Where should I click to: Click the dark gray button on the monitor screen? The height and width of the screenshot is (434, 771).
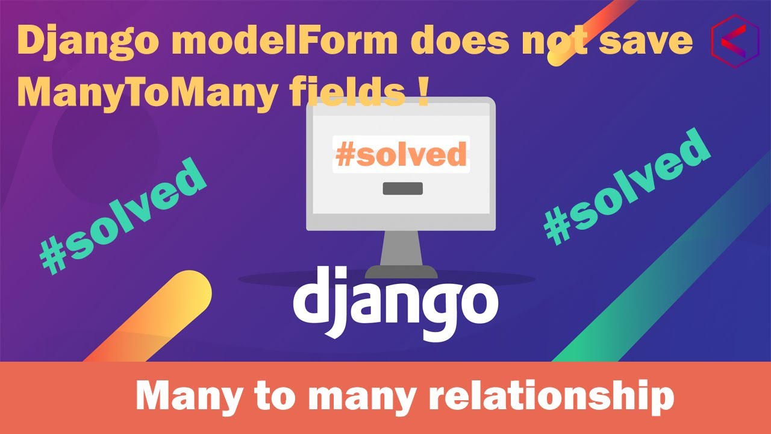402,189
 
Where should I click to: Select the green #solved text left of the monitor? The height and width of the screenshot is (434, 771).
123,214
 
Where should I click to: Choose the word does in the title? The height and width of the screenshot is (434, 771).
446,42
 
